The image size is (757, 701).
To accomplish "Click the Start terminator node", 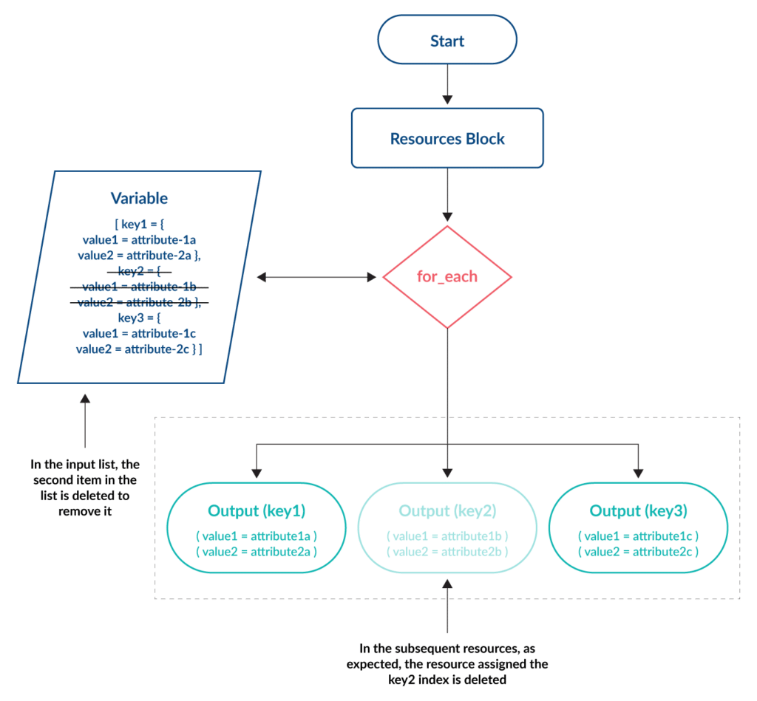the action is pos(447,40).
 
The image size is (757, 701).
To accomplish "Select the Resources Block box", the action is pos(447,138).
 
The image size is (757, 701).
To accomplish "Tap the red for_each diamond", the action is pos(447,277).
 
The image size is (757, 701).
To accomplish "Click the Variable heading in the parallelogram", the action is pos(139,198).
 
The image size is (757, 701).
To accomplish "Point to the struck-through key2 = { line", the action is pos(139,271).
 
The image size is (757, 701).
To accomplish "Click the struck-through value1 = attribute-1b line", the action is pos(139,287).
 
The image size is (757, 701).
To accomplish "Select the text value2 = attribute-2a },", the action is pos(139,256).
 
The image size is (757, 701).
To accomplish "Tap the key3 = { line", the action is pos(139,318).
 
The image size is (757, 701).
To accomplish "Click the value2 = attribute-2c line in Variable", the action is pos(139,349).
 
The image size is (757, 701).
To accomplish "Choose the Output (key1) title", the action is pos(257,510).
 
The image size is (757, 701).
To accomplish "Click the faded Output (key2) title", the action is pos(447,510).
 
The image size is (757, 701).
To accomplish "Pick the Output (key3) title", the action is pos(638,510).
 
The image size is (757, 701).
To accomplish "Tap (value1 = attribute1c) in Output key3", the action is pos(638,536).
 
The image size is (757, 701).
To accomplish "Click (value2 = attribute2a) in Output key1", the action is pos(257,552).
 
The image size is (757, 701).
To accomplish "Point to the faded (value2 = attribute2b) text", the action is pos(447,552).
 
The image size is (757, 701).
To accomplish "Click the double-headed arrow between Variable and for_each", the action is pos(316,277).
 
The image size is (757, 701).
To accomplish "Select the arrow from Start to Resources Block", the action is pos(447,84).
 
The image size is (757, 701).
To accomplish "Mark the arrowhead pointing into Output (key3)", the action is pos(638,473).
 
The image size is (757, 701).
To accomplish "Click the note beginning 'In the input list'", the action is pos(85,488).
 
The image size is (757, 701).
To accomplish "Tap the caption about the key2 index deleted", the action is pos(447,664).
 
